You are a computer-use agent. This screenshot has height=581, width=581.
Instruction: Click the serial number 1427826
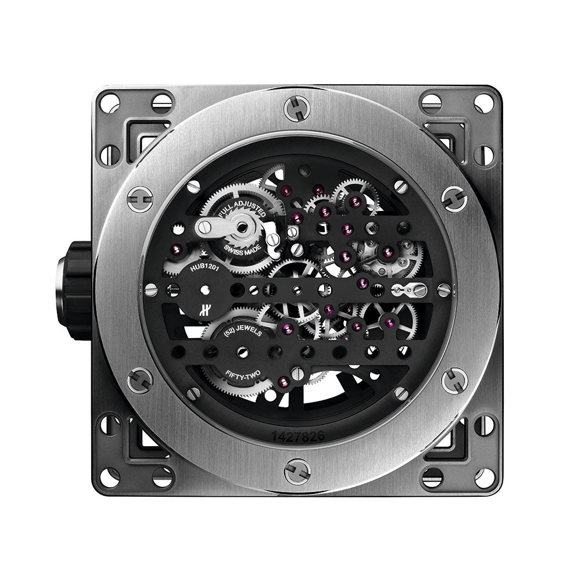[298, 436]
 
